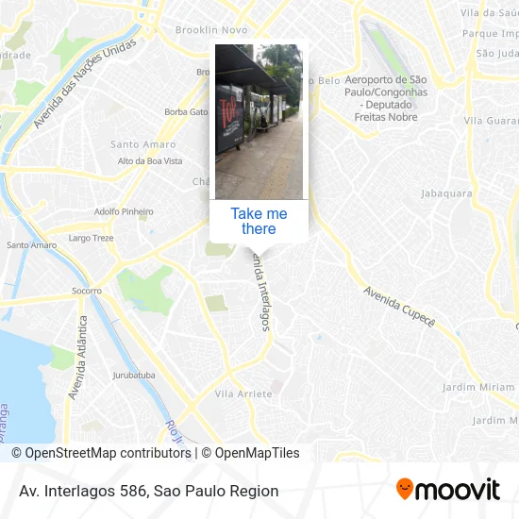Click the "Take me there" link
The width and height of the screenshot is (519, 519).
(x=259, y=221)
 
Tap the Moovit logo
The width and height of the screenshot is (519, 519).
(x=447, y=490)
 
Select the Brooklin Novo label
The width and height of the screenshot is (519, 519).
(x=211, y=30)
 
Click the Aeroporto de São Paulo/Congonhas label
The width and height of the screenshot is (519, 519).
(x=386, y=98)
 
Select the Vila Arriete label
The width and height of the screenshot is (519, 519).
(x=243, y=393)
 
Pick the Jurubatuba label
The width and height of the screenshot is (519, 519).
(x=134, y=375)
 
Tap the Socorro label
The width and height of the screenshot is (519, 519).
(x=87, y=291)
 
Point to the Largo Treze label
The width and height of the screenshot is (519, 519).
(x=91, y=238)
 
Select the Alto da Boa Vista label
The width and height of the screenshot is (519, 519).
(x=150, y=161)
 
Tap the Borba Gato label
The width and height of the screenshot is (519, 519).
(x=186, y=111)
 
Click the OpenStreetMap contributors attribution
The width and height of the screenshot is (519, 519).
(x=101, y=453)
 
